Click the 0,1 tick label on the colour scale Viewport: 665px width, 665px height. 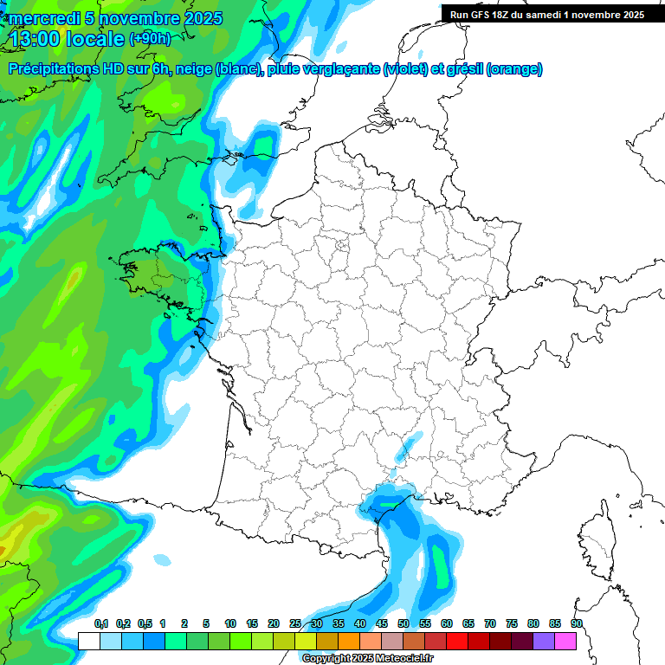point(100,624)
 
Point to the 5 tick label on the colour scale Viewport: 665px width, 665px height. point(206,624)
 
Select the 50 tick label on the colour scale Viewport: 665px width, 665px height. point(404,624)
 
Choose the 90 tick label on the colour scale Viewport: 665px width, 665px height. point(577,624)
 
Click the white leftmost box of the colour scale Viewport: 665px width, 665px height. point(88,641)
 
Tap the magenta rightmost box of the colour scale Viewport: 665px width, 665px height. point(565,641)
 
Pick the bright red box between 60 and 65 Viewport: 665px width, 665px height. point(457,641)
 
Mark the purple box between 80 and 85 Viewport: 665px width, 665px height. point(544,641)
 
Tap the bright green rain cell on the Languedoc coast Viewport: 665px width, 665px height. point(386,501)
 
